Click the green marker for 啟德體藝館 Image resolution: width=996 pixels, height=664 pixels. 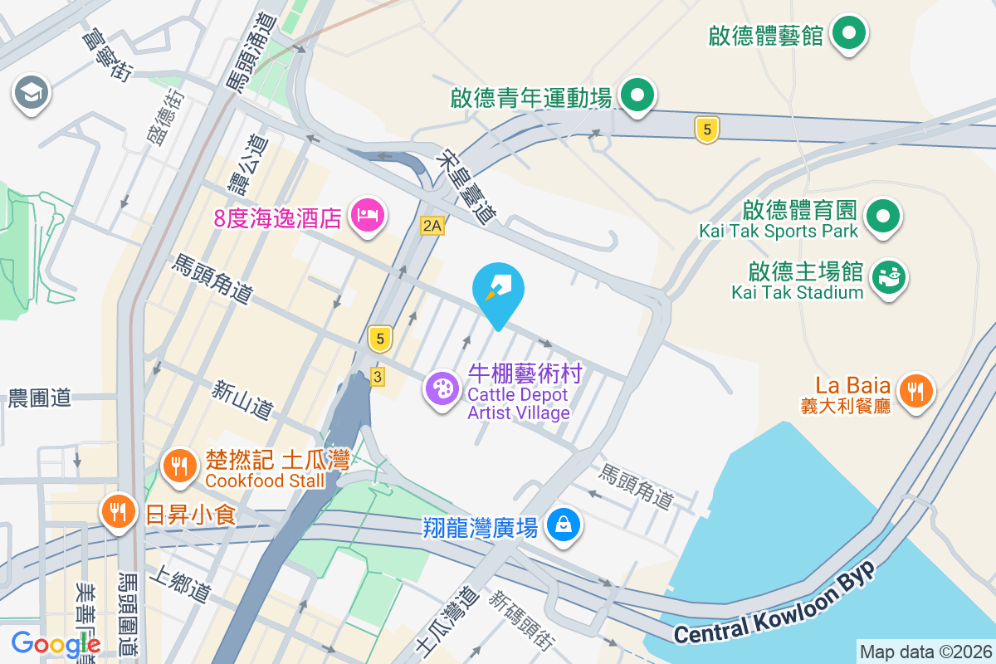click(x=848, y=35)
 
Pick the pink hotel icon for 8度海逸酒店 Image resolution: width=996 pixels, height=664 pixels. click(x=367, y=217)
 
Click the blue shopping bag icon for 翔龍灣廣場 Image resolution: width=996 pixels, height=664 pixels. click(x=564, y=525)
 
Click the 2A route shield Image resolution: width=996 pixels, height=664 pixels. click(x=432, y=225)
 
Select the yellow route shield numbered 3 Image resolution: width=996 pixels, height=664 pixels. click(x=378, y=377)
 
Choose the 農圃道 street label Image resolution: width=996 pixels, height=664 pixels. click(x=39, y=398)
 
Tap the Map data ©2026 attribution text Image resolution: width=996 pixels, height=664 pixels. click(x=925, y=652)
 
